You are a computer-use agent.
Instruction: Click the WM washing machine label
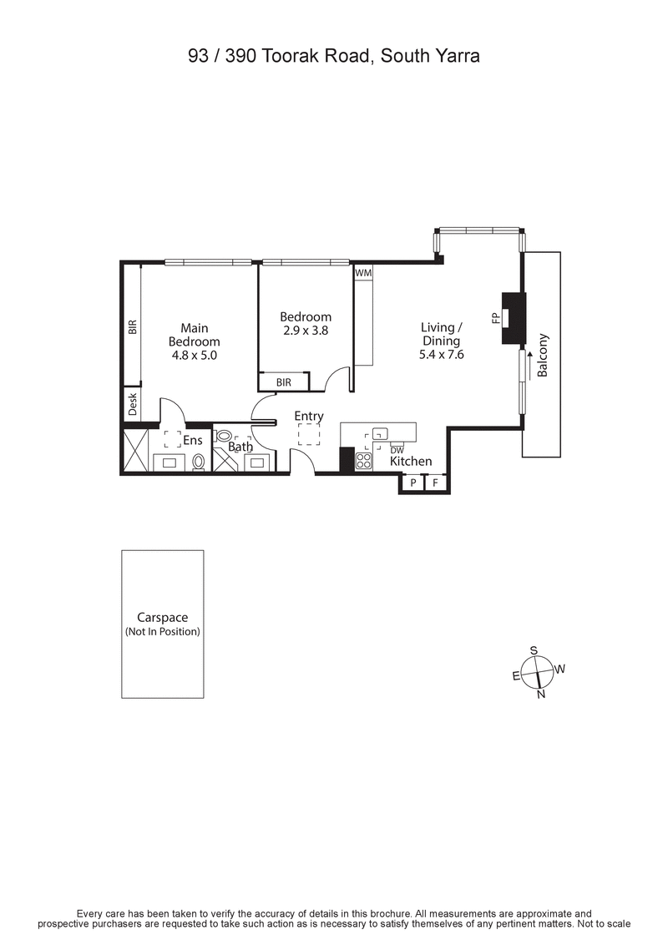(x=362, y=273)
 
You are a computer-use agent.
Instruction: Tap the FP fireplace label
(x=495, y=317)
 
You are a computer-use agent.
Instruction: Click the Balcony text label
(x=543, y=356)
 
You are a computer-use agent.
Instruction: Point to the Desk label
(x=132, y=406)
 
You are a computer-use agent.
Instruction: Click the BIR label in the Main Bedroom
(x=132, y=326)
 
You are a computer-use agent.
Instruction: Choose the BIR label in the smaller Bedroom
(x=283, y=382)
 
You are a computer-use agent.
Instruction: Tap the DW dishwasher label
(x=397, y=451)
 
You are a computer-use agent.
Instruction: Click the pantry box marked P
(x=412, y=483)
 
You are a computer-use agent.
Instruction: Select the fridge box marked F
(x=435, y=483)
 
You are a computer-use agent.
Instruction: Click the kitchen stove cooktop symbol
(x=364, y=460)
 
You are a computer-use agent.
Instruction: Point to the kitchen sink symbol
(x=380, y=433)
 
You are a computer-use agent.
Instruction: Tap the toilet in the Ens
(x=199, y=461)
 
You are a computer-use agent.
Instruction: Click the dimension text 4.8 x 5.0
(x=195, y=354)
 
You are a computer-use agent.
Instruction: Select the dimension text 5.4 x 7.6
(x=441, y=354)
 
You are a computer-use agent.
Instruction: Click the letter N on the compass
(x=541, y=694)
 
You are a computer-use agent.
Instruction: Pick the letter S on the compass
(x=534, y=650)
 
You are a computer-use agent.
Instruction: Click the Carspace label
(x=163, y=618)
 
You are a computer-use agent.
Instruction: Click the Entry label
(x=309, y=416)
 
